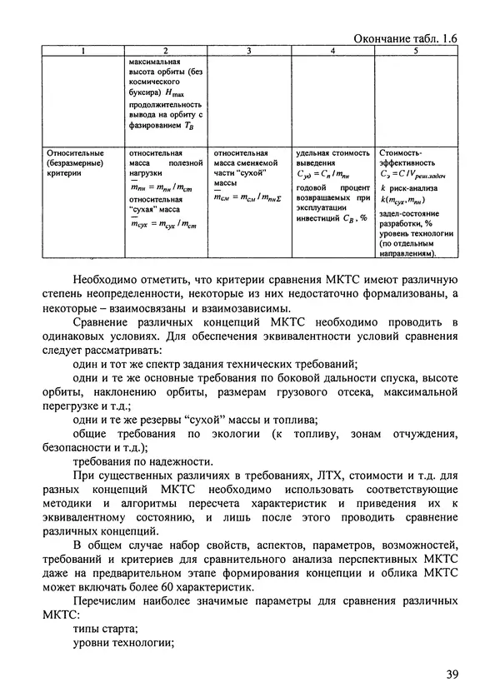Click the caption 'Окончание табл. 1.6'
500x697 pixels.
[406, 37]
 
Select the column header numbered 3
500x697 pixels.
[248, 52]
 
